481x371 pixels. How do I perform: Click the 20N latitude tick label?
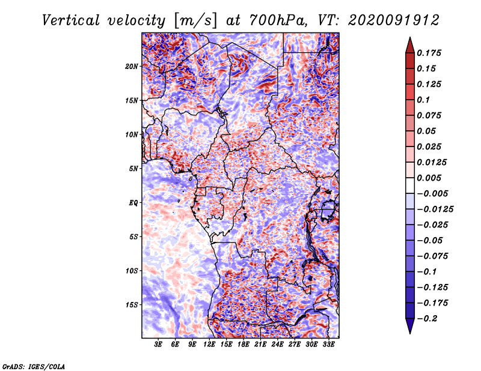click(x=131, y=67)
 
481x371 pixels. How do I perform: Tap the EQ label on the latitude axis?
click(x=133, y=203)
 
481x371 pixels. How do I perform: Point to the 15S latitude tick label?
click(x=131, y=305)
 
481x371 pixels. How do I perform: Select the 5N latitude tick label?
click(x=133, y=169)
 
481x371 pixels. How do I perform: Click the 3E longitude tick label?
click(x=158, y=345)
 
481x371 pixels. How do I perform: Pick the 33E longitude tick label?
click(x=328, y=345)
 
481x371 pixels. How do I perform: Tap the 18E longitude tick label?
click(x=244, y=345)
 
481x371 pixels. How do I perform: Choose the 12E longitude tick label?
click(x=209, y=345)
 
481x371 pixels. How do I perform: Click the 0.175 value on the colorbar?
click(x=429, y=53)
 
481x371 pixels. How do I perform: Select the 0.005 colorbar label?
click(x=429, y=178)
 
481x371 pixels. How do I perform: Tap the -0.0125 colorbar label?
click(x=435, y=210)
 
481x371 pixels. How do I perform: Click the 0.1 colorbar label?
click(x=423, y=100)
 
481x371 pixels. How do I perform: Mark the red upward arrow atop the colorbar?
click(x=410, y=45)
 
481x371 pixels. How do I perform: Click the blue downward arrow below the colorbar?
click(x=410, y=326)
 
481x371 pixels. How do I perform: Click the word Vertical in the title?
click(x=71, y=20)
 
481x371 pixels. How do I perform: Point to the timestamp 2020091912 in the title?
click(x=394, y=20)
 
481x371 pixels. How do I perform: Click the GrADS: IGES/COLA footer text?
click(x=34, y=366)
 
